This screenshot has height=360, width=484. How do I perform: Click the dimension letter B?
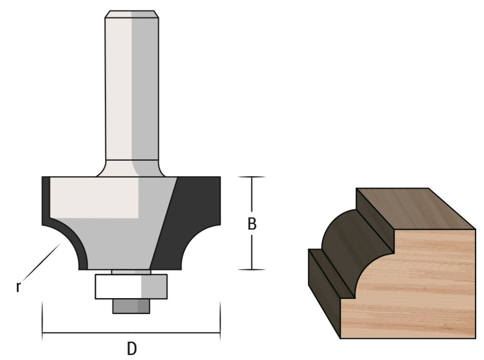[252, 224]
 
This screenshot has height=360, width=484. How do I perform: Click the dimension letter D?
[132, 348]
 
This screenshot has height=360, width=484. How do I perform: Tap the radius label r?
[18, 286]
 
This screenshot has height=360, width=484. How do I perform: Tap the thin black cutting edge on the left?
[45, 203]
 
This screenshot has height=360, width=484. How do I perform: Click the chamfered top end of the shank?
[132, 14]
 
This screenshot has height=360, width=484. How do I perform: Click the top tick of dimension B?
[252, 177]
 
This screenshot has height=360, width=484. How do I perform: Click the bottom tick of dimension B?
[252, 270]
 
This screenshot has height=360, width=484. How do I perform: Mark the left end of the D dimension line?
[43, 333]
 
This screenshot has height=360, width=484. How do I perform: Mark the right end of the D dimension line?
[220, 333]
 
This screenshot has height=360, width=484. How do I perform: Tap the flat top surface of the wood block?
[414, 207]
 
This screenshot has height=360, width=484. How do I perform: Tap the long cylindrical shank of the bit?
[132, 87]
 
